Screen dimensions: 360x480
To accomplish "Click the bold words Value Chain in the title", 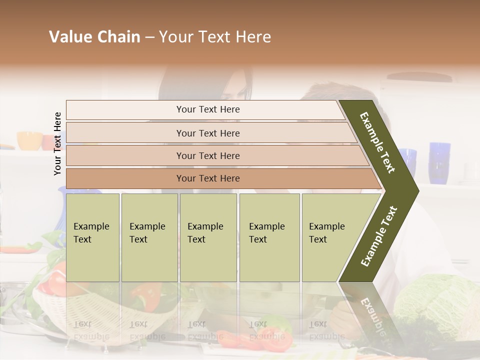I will tap(94, 37).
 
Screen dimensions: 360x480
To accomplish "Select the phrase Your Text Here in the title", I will tap(215, 37).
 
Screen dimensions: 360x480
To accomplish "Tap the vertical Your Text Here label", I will tap(57, 143).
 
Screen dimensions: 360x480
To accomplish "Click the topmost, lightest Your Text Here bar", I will tap(207, 109).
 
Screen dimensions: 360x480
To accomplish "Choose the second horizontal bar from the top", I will tap(207, 133).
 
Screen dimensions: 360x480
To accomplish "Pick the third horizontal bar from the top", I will tap(207, 155).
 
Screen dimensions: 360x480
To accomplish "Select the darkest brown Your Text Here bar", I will tap(207, 178).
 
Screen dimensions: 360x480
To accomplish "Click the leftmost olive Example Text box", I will tap(92, 237).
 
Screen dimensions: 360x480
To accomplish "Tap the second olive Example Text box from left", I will tap(149, 237).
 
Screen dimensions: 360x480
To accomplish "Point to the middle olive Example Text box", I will tap(208, 237).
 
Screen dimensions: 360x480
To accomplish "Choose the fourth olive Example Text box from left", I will tap(269, 237).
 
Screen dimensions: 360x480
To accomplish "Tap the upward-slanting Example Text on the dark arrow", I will tap(379, 236).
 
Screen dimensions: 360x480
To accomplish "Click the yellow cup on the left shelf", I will tap(29, 140).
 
